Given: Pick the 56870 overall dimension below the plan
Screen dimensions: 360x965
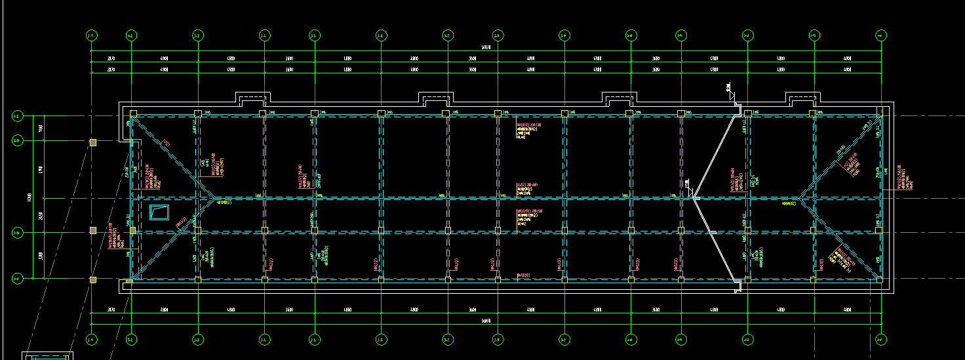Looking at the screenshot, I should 485,320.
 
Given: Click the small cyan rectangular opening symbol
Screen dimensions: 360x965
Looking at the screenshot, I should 159,212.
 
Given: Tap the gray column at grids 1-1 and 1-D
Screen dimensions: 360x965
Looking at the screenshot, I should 93,142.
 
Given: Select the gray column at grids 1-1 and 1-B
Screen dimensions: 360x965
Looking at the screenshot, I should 93,230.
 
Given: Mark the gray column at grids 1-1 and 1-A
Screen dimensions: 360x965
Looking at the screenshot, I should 93,280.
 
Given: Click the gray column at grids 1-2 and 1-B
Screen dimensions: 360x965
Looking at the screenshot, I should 132,230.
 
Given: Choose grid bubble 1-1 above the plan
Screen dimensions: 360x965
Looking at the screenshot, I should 91,35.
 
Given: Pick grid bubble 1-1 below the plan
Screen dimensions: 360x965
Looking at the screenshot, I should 91,339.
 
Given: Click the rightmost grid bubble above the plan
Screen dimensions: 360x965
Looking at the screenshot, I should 880,35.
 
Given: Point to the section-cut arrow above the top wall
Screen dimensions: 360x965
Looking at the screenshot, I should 730,90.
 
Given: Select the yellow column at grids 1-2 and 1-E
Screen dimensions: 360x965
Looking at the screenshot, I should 133,113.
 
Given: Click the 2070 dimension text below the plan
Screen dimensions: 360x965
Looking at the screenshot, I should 111,310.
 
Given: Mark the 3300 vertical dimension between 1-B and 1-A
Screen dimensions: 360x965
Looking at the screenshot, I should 41,256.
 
